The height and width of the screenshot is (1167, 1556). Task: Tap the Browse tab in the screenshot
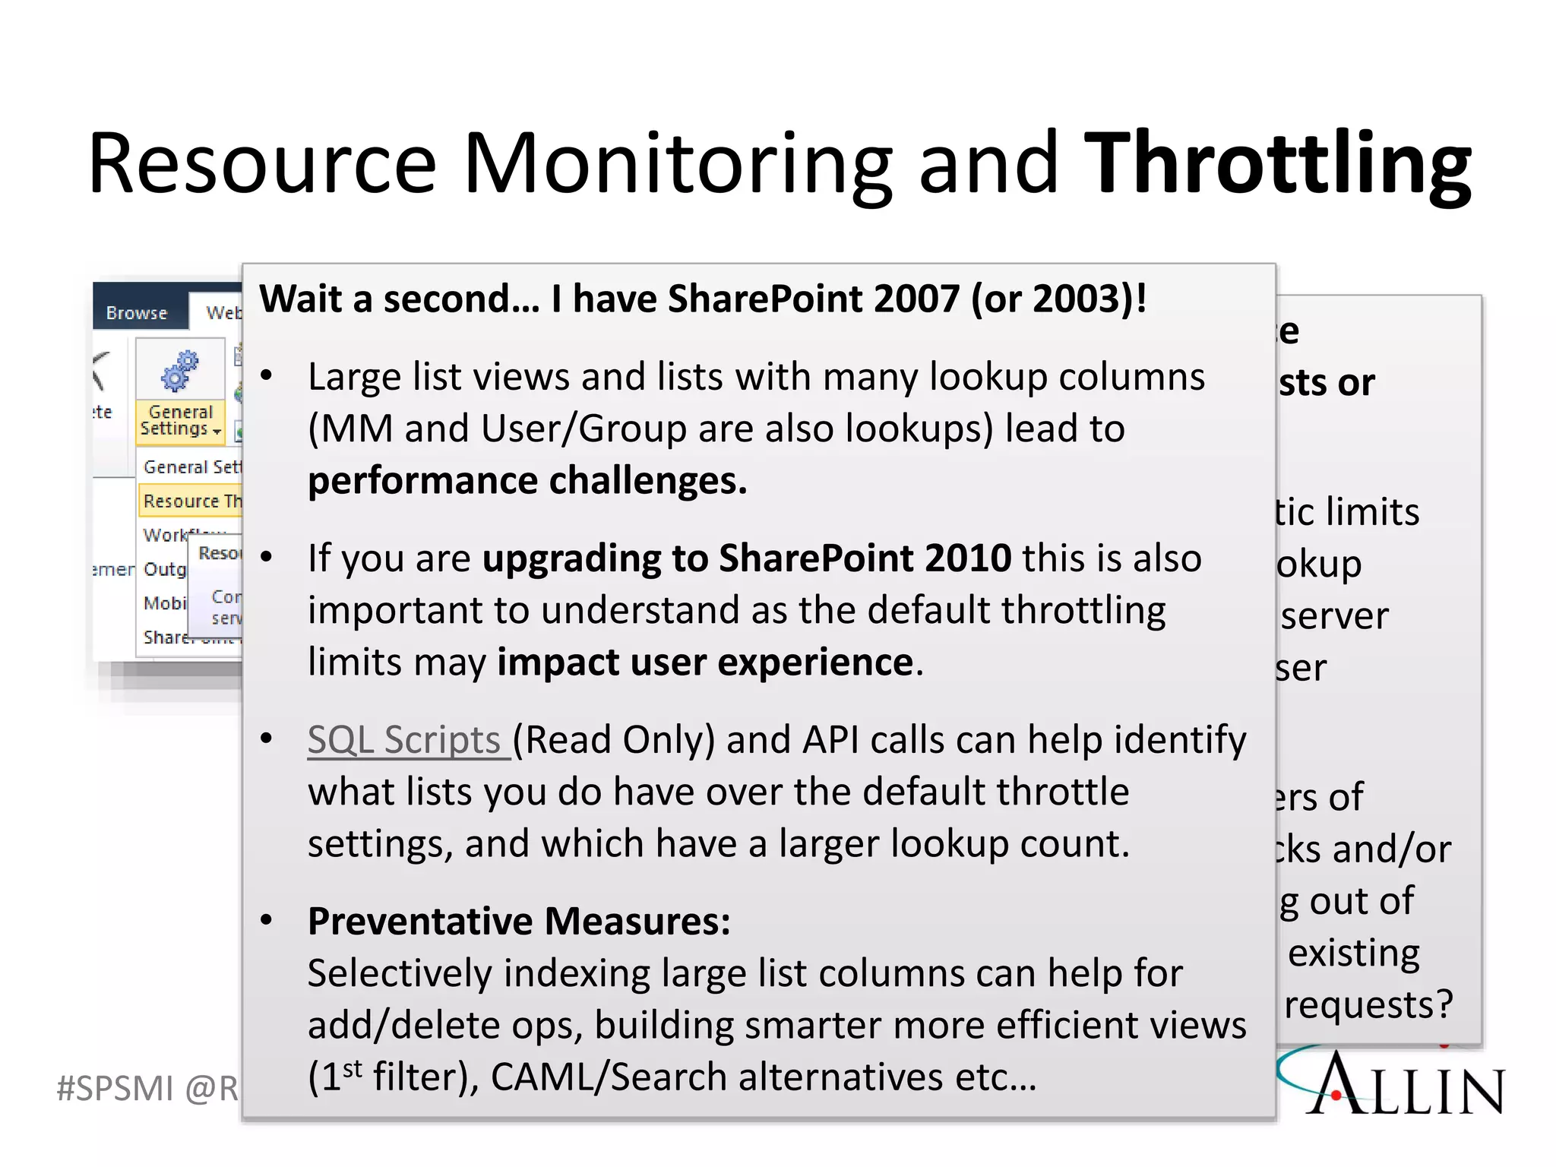coord(137,313)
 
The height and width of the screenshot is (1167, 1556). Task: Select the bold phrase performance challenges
coord(527,481)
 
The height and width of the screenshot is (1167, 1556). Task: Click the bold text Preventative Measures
coord(518,922)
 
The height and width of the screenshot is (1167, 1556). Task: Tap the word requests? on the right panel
coord(1368,1004)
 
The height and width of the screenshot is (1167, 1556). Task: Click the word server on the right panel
coord(1334,615)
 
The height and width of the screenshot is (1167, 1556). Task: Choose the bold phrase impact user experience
coord(705,662)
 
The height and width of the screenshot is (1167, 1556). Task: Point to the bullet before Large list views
coord(266,375)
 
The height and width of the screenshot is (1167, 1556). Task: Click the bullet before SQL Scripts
coord(266,738)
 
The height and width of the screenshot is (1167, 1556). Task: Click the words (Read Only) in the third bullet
coord(614,740)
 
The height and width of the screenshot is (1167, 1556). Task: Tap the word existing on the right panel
coord(1353,953)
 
